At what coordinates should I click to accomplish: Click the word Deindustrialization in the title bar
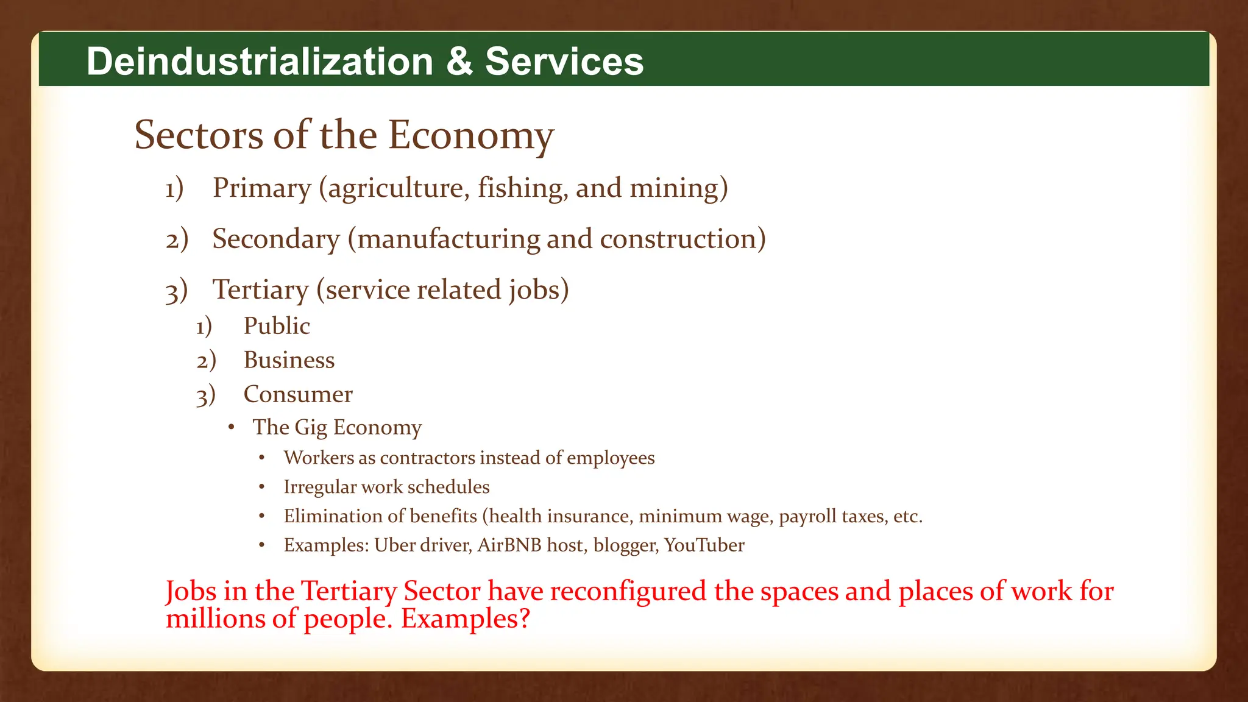[260, 62]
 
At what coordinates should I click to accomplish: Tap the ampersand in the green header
[459, 62]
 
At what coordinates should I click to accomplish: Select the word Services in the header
[564, 62]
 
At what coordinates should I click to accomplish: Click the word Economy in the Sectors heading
[470, 135]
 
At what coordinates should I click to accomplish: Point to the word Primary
[261, 188]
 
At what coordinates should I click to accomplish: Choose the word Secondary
[275, 239]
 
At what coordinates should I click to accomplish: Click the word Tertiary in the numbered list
[260, 289]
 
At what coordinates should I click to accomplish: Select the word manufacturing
[448, 239]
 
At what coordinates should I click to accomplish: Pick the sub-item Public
[277, 326]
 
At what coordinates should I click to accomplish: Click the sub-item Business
[289, 360]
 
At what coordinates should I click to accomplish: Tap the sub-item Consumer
[298, 394]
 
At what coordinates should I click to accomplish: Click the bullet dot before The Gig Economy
[232, 428]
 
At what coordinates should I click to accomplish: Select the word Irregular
[320, 487]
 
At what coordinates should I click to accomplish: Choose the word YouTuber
[704, 545]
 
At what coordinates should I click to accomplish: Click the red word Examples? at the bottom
[466, 619]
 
